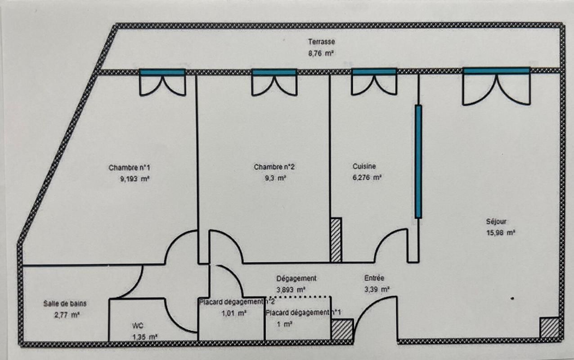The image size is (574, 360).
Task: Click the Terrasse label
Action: point(321,41)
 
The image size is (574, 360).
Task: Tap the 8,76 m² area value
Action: point(321,54)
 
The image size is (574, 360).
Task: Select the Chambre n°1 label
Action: point(130,168)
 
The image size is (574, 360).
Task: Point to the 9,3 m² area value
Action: point(275,178)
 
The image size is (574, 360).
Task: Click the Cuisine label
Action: point(364,166)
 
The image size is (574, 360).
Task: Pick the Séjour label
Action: point(496,221)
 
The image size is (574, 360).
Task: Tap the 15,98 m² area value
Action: point(501,233)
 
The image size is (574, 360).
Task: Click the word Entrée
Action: point(374,278)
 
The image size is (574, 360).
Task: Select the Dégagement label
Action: point(296,279)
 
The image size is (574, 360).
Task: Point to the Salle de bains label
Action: point(65,304)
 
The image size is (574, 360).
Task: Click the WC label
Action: point(138,326)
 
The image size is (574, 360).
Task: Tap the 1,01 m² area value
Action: point(234,313)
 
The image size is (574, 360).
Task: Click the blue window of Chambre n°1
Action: point(162,72)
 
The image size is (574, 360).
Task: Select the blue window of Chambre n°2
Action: point(274,72)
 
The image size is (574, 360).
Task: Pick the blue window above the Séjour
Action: point(496,71)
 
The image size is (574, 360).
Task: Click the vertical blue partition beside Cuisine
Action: point(418,162)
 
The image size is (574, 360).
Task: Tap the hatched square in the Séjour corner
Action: point(549,328)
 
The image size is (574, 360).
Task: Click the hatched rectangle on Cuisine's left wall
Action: point(336,240)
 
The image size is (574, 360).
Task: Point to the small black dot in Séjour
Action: point(512,298)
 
